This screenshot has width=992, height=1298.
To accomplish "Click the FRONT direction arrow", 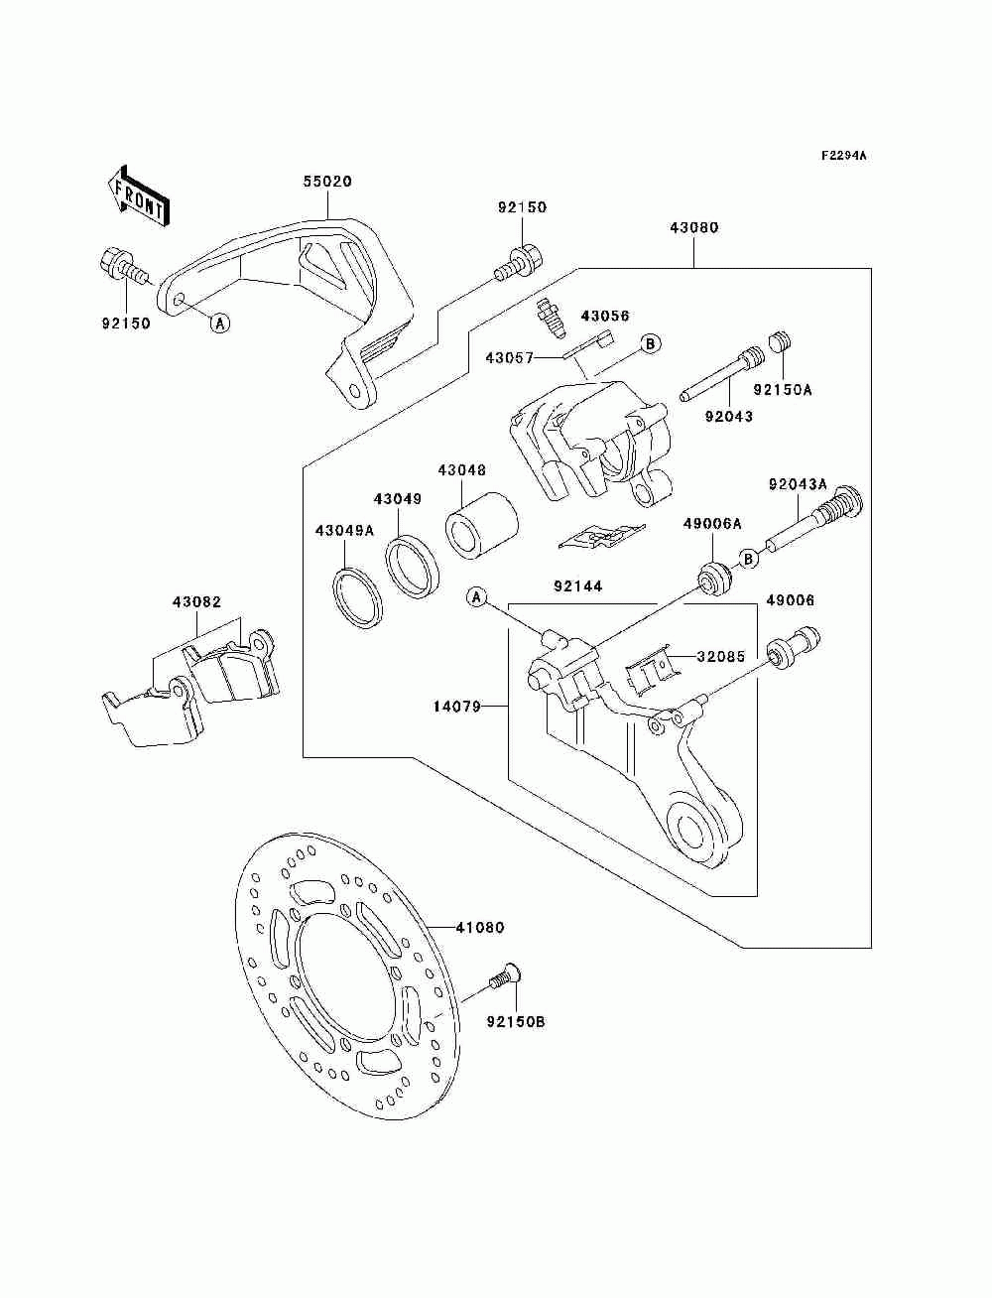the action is pos(138,195).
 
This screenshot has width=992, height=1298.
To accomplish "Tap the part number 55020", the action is pos(327,182).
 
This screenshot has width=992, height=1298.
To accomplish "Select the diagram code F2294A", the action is pos(843,156).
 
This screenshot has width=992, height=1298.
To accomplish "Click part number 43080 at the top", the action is pos(694,227).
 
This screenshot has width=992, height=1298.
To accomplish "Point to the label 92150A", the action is pos(782,390).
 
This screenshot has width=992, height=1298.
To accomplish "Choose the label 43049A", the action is pos(344,531).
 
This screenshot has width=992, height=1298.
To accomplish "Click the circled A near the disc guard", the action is pos(220,324).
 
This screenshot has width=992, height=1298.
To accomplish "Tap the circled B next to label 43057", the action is pos(651,343).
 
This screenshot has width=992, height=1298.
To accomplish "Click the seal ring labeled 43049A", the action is pos(356,598).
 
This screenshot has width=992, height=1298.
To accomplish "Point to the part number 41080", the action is pos(479,944).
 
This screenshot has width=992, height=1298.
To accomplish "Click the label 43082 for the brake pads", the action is pos(196,602).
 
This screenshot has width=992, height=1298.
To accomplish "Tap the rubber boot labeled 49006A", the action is pos(715,579).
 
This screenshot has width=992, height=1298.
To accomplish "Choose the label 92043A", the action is pos(799,484).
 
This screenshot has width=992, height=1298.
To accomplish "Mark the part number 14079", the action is pos(457,706).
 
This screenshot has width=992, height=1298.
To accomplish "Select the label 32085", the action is pos(721,656).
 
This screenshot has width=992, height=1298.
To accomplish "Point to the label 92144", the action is pos(578,586).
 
